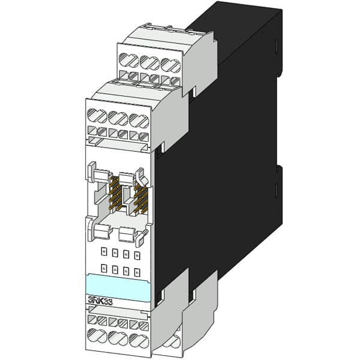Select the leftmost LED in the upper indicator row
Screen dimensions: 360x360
104,252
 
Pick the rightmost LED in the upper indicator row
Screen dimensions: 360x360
137,256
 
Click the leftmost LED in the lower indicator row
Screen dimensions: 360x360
104,268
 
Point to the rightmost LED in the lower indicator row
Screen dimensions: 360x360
137,272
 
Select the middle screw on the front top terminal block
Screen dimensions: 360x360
119,118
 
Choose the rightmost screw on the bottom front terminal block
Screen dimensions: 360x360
137,338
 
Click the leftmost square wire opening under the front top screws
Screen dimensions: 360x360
93,130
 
